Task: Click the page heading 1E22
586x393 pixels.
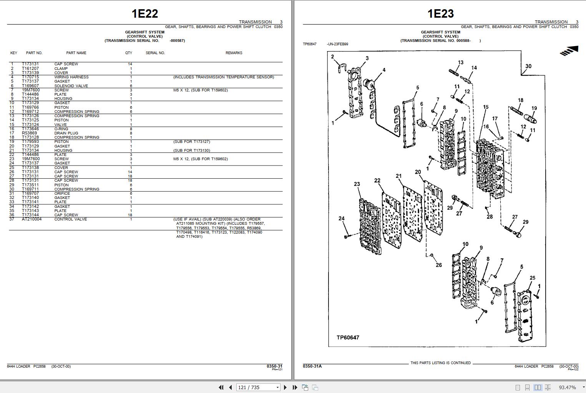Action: tap(145, 14)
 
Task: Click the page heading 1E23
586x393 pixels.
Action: tap(441, 14)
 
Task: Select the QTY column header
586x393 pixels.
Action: tap(128, 53)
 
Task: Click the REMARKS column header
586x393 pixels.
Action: tap(234, 53)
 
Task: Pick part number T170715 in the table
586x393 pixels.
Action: tap(30, 77)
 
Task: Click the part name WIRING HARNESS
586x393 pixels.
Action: tap(71, 77)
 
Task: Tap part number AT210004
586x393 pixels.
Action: tap(32, 219)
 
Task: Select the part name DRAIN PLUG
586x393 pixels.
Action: tap(66, 133)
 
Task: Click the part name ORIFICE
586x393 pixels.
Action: tap(62, 194)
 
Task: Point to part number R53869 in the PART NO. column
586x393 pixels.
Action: tap(30, 133)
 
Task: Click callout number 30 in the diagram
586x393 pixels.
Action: tap(528, 66)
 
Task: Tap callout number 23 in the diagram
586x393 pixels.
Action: tap(357, 184)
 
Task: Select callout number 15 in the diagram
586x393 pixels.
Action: tap(486, 107)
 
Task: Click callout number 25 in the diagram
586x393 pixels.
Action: tap(532, 278)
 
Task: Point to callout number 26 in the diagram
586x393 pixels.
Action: tap(438, 265)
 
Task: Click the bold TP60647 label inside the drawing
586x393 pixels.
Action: tap(348, 338)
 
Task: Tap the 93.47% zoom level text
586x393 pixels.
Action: tap(567, 388)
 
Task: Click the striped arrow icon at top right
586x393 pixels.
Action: tap(569, 50)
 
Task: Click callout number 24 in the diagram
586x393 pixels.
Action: tap(341, 219)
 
